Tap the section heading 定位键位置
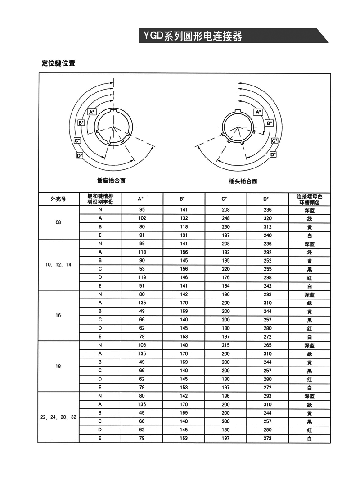(58, 63)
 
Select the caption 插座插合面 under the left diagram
(111, 180)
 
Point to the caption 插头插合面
(243, 181)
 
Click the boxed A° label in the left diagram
(91, 111)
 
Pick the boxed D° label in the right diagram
(273, 154)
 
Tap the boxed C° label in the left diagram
(77, 140)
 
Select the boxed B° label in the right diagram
(269, 122)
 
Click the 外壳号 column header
(58, 199)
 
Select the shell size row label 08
(58, 222)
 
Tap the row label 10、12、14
(58, 265)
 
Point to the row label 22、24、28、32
(58, 417)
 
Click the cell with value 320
(267, 218)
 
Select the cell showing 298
(267, 277)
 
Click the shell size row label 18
(58, 367)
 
